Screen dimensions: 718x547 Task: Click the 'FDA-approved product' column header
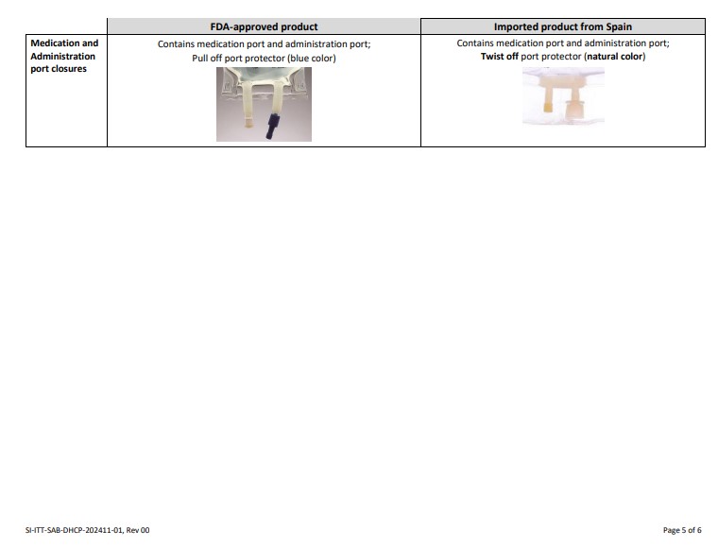pyautogui.click(x=264, y=26)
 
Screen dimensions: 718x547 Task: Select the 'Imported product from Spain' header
pyautogui.click(x=563, y=26)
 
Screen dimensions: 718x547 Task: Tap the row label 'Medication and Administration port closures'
pyautogui.click(x=64, y=56)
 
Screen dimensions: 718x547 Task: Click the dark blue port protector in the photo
pyautogui.click(x=273, y=127)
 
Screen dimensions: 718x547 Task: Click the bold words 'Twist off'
pyautogui.click(x=499, y=57)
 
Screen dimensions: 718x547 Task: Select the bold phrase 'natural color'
pyautogui.click(x=615, y=57)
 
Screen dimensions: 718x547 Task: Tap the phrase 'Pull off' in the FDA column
pyautogui.click(x=207, y=59)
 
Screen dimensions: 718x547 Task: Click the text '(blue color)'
pyautogui.click(x=312, y=59)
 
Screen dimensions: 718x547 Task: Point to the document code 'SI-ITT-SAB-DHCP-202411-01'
pyautogui.click(x=75, y=530)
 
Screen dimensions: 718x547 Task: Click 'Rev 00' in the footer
pyautogui.click(x=138, y=530)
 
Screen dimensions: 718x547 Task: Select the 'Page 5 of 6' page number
pyautogui.click(x=682, y=530)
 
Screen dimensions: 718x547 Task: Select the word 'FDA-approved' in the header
pyautogui.click(x=244, y=26)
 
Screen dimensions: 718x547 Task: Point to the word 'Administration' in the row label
pyautogui.click(x=62, y=57)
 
